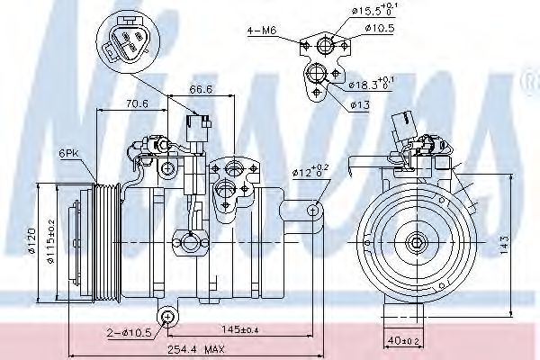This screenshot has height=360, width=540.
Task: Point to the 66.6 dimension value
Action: point(200,90)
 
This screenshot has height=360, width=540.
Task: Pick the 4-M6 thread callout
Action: point(261,31)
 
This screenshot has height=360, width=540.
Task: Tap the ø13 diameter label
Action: point(360,104)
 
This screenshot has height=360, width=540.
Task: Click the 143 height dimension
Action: point(506,241)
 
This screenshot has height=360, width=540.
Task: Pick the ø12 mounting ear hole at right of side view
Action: point(313,210)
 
